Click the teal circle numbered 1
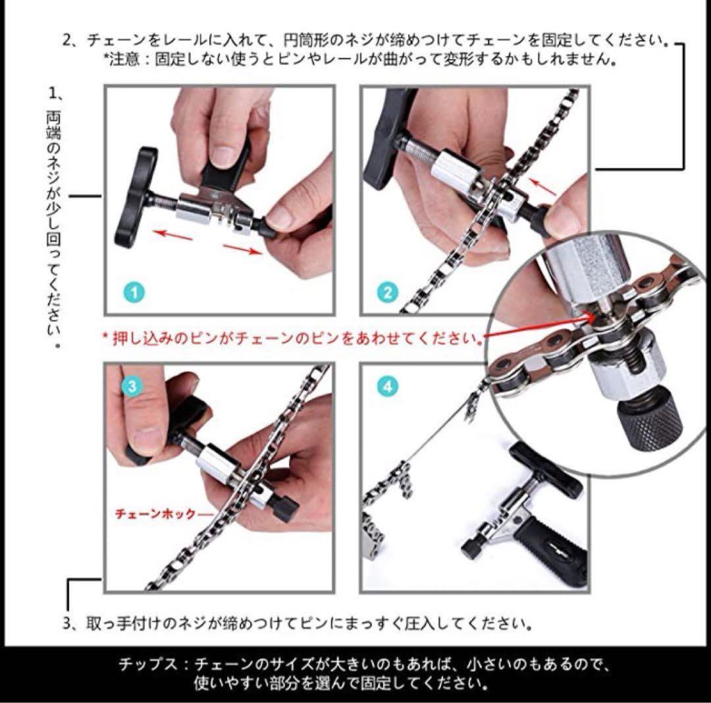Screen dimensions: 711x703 click(x=134, y=293)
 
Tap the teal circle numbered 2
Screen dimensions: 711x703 click(x=388, y=293)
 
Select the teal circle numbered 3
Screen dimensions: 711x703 click(x=132, y=386)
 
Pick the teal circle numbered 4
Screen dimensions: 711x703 click(x=388, y=387)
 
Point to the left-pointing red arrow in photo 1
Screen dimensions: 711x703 click(x=172, y=235)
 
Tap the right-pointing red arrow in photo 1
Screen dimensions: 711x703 click(x=242, y=248)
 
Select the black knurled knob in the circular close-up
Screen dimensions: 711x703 click(x=649, y=424)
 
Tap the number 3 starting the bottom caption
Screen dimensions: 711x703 click(x=67, y=623)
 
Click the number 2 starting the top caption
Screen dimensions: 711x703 click(x=68, y=40)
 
